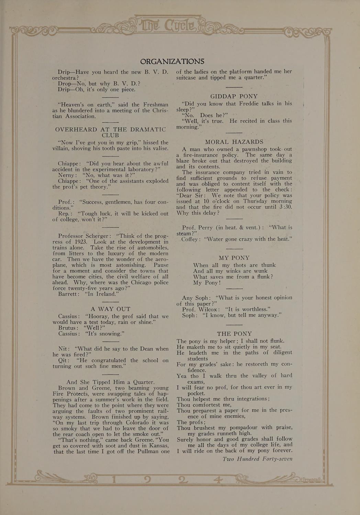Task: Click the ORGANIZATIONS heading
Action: [172, 61]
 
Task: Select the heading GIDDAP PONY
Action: [234, 96]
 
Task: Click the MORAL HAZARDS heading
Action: [234, 142]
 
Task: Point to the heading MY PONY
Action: [234, 258]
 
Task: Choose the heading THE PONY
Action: [234, 334]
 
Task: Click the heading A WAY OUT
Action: [110, 309]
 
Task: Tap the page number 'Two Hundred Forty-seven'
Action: [257, 459]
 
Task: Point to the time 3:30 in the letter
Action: [285, 207]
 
